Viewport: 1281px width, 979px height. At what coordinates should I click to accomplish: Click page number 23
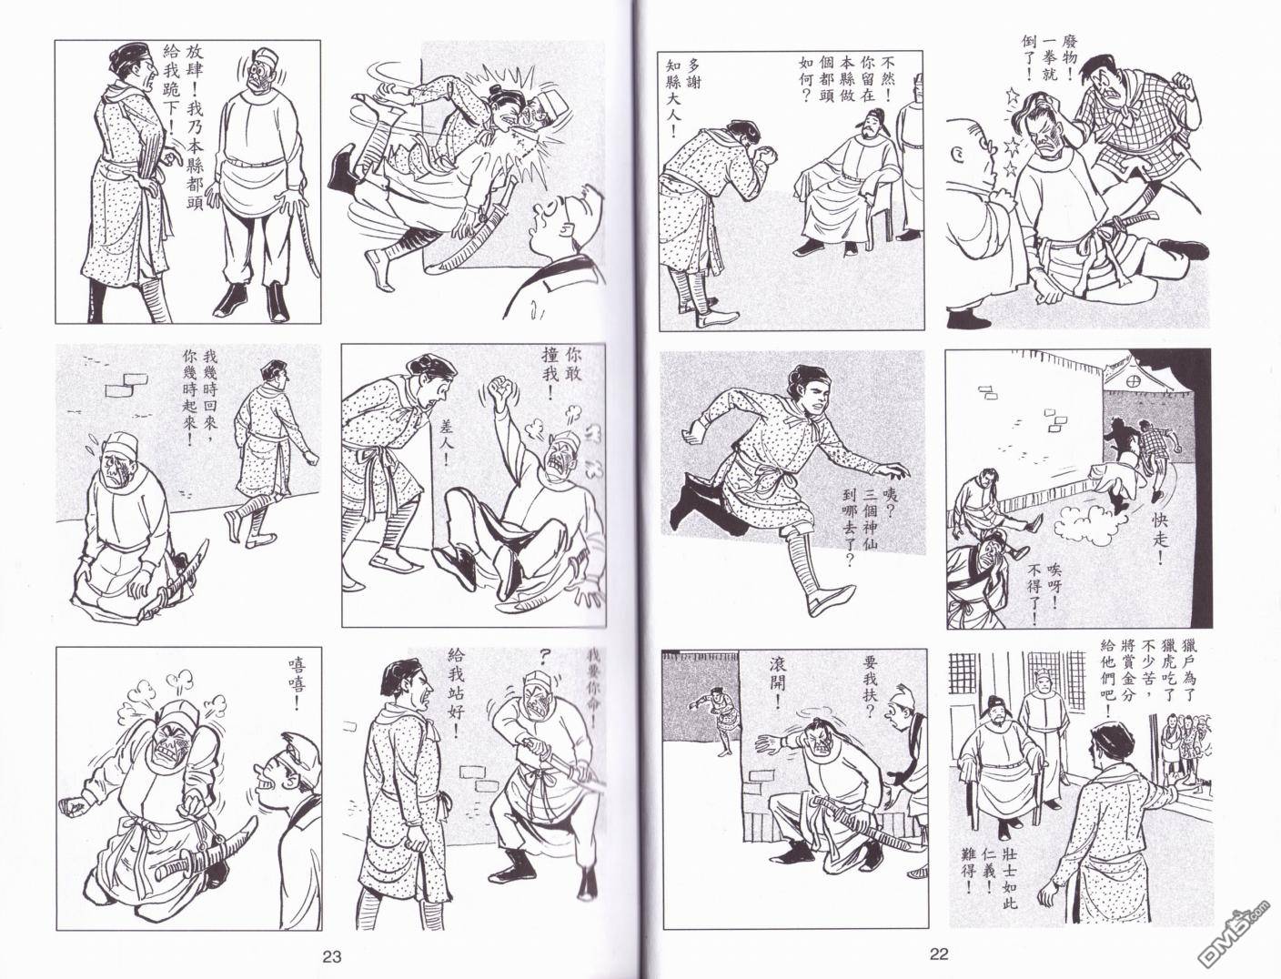[331, 956]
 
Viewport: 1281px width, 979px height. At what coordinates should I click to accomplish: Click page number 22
[938, 954]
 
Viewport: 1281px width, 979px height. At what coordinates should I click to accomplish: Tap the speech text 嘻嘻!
[297, 684]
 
